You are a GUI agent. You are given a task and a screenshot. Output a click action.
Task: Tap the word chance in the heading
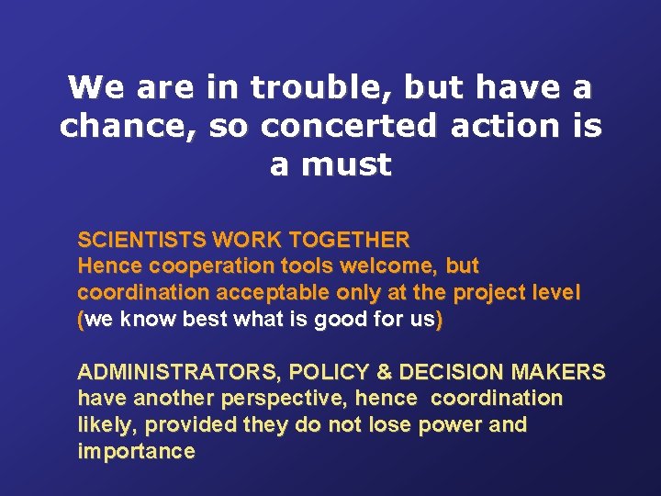[103, 127]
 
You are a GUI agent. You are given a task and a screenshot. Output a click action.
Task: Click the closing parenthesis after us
[440, 321]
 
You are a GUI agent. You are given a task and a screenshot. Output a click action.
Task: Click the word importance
[136, 452]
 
